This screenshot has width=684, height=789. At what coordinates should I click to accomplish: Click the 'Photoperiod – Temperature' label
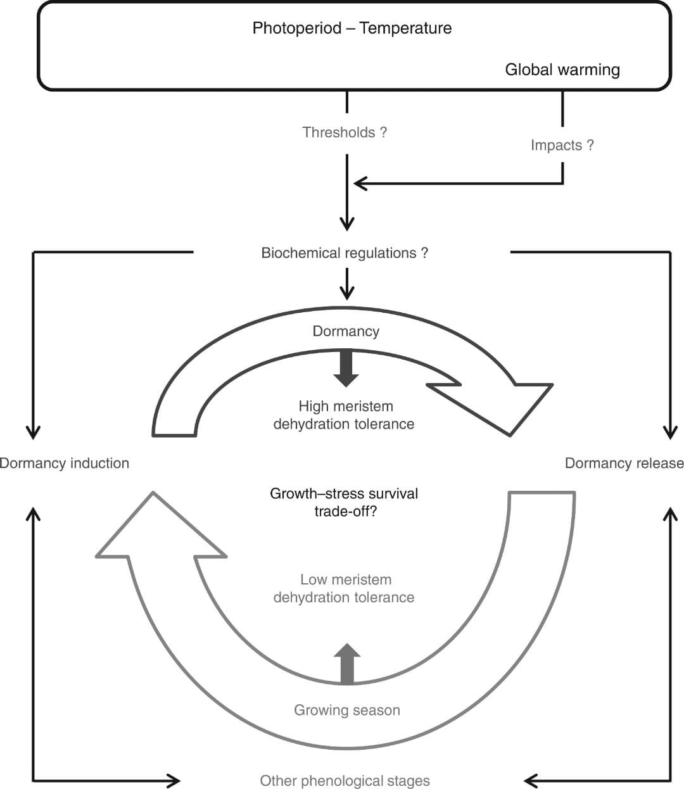(x=351, y=28)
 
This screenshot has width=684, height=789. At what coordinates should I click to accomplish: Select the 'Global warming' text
(x=562, y=70)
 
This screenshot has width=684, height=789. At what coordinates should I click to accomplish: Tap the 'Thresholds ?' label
(x=345, y=132)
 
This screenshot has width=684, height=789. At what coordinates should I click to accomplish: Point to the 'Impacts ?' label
(x=562, y=145)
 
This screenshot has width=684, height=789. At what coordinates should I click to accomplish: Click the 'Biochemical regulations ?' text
(x=345, y=253)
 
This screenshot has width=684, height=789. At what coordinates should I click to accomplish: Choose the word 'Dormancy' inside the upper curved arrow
(x=346, y=331)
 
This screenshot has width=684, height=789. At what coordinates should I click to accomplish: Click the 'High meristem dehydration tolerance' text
(x=345, y=415)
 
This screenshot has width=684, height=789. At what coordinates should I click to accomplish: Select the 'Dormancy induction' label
(x=64, y=464)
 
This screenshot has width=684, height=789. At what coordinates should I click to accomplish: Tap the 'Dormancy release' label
(x=624, y=464)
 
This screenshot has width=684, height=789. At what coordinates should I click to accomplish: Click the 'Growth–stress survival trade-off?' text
(x=345, y=502)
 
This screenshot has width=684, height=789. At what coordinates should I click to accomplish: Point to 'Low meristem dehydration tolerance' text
(x=345, y=588)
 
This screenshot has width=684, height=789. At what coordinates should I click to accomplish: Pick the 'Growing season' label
(x=347, y=710)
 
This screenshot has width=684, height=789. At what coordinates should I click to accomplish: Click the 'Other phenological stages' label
(x=345, y=781)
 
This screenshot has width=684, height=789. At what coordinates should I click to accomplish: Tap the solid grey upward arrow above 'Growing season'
(x=347, y=662)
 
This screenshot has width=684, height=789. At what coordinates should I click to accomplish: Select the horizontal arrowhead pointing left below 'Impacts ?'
(x=360, y=184)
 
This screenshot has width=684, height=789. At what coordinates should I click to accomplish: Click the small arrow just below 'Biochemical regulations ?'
(x=346, y=284)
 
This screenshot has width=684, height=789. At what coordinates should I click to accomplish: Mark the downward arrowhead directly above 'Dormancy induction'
(x=33, y=432)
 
